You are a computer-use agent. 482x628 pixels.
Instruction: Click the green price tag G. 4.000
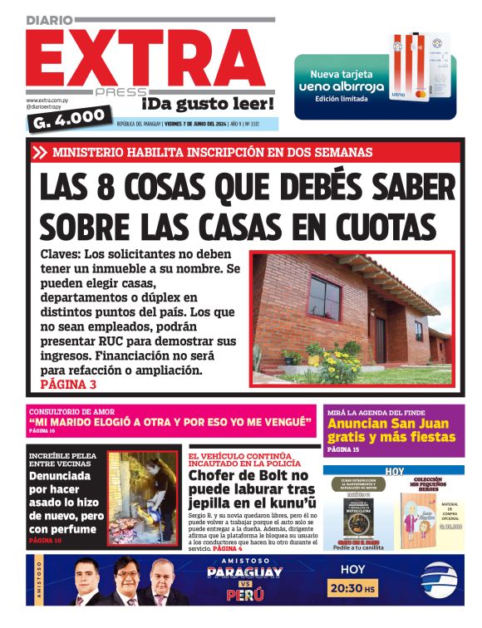tap(69, 117)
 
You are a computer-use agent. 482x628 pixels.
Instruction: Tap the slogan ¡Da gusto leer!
tap(207, 105)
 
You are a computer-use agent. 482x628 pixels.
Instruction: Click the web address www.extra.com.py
tap(49, 101)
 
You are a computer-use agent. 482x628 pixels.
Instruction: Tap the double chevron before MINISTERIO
tap(41, 152)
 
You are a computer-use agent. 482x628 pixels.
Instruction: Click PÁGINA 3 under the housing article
tap(68, 385)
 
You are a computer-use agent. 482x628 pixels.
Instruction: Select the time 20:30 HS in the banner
tap(353, 589)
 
